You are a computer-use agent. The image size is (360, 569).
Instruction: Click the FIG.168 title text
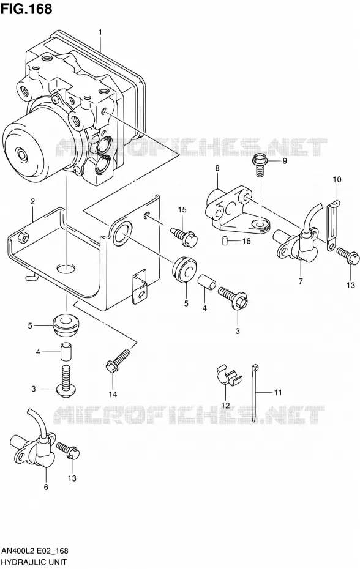(26, 9)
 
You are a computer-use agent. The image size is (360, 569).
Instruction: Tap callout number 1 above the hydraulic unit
(100, 32)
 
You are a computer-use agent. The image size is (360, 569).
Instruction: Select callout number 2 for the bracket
(32, 202)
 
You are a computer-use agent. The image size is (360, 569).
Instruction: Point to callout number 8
(217, 168)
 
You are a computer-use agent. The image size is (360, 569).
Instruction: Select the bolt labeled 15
(184, 236)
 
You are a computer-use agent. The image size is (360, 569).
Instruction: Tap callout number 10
(337, 179)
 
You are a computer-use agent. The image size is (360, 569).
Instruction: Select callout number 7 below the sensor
(301, 281)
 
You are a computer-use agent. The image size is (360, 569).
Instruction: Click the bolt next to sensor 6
(69, 450)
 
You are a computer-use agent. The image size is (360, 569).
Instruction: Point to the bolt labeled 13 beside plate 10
(348, 256)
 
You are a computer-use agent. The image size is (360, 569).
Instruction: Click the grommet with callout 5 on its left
(67, 326)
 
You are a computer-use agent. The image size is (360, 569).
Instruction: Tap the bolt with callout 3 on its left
(66, 381)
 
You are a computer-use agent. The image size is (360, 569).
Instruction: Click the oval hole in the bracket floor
(66, 269)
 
